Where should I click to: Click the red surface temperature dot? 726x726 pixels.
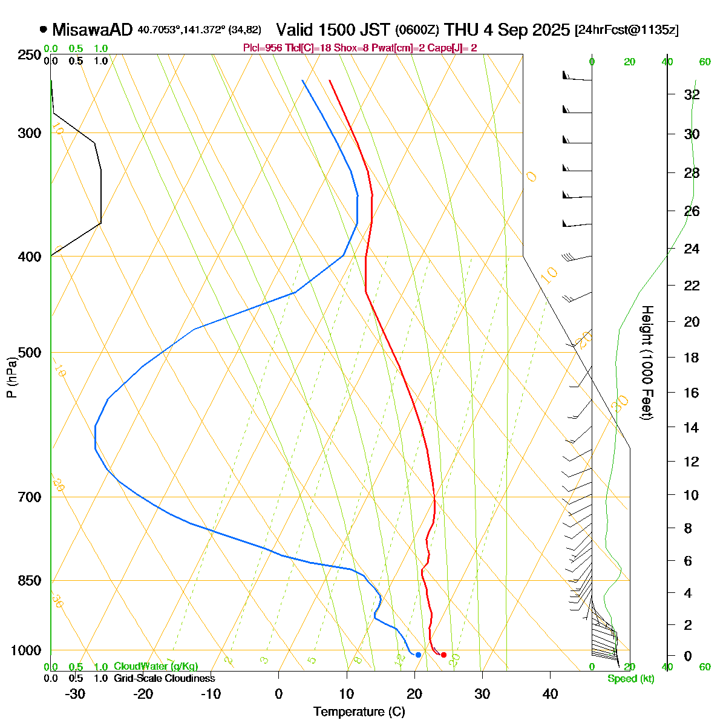point(443,655)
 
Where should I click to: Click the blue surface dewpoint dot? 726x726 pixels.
point(418,655)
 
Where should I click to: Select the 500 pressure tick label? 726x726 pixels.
point(30,353)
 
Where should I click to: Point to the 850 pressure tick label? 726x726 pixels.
point(30,581)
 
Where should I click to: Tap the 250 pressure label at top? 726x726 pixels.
point(30,55)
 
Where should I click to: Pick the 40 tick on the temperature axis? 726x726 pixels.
point(550,693)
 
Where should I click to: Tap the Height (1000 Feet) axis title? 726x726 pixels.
point(646,363)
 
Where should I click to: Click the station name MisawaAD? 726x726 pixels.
point(92,30)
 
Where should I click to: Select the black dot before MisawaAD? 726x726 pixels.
point(44,29)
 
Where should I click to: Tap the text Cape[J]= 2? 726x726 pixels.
point(454,48)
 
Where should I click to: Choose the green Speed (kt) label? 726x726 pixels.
point(630,679)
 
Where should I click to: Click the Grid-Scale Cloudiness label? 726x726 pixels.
point(164,679)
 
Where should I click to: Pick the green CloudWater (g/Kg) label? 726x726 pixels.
point(155,666)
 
